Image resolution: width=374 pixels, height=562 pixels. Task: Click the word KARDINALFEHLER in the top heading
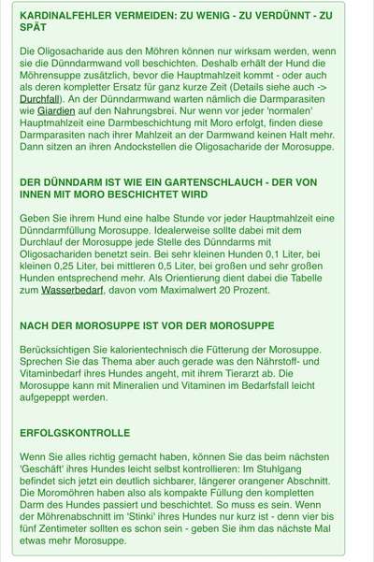pos(60,16)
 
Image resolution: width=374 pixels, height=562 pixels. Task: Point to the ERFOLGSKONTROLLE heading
pos(74,434)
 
